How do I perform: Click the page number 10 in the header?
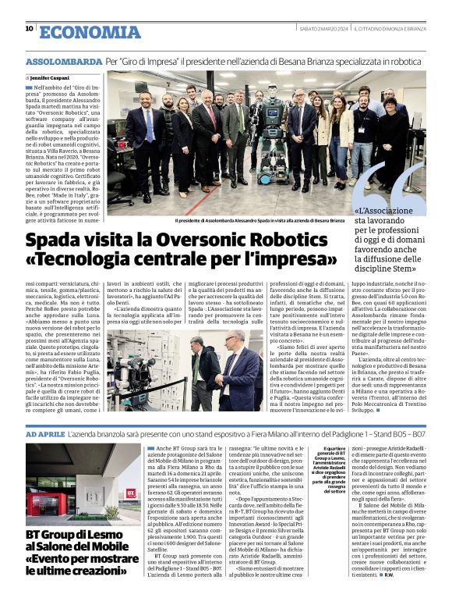tap(29, 28)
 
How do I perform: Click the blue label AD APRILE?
tap(44, 432)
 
